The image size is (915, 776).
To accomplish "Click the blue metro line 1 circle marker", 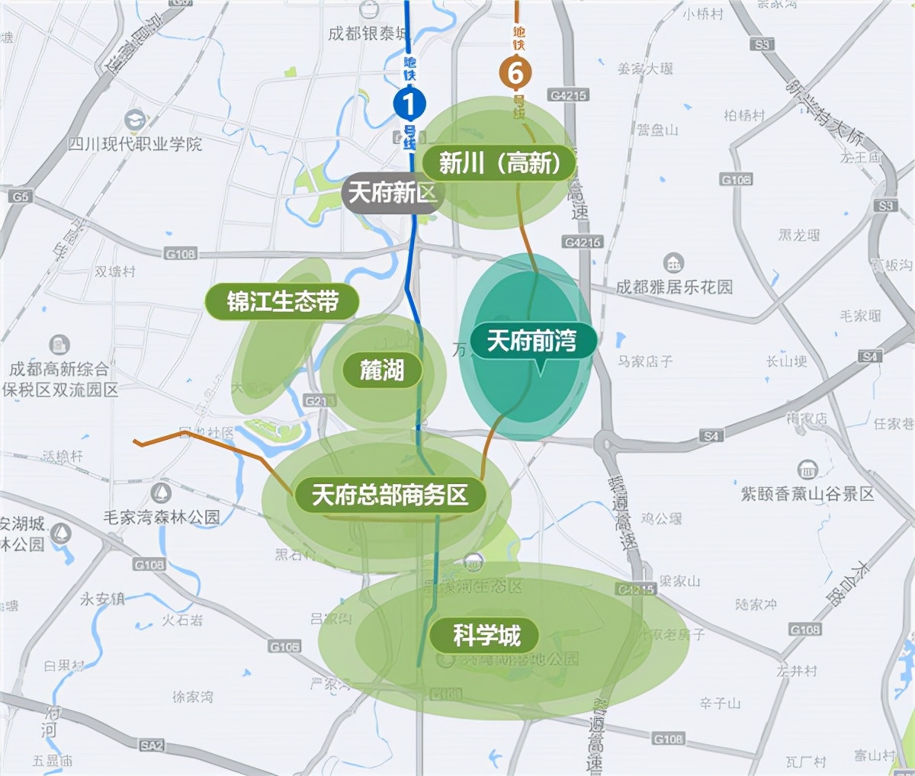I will pos(409,104).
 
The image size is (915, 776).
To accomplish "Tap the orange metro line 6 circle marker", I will pos(516,73).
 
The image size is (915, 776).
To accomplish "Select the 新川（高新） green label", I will pos(500,162).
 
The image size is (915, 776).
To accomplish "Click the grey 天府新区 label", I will pos(392,193).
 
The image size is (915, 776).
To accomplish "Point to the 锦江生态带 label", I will pos(282,302).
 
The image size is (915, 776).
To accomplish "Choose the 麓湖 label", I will pos(381,370).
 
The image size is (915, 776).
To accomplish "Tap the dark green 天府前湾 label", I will pos(531,341).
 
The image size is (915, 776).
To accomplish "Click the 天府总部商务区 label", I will pos(390,495).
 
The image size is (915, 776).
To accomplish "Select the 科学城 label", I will pos(486,635).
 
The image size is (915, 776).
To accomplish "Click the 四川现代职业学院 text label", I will pos(135,143).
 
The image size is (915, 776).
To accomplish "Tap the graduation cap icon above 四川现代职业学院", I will pos(135,120).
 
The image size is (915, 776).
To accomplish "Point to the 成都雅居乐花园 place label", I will pos(674,287).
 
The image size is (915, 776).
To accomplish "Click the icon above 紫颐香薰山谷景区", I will pos(807,470).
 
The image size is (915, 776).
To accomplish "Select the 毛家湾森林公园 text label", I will pos(162,517).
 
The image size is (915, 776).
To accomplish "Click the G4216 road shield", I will pos(583,242).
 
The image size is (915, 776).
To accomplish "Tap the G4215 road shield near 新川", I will pos(568,95).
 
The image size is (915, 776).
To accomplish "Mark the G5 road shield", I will pos(20,197).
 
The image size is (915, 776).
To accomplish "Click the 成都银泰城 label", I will pos(368,34).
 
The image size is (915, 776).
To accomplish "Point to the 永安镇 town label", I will pos(102,599).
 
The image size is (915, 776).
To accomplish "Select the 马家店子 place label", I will pos(645,361).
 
